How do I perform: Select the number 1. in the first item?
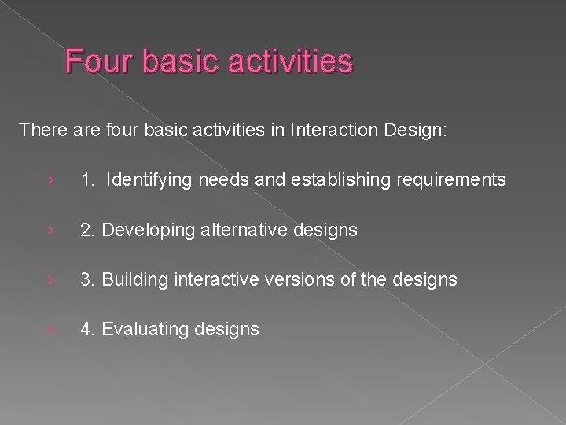click(88, 180)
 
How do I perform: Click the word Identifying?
click(149, 180)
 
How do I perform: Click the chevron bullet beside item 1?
click(50, 180)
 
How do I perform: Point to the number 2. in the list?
click(88, 230)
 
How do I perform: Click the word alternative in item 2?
click(241, 230)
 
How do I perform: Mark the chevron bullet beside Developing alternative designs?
click(50, 230)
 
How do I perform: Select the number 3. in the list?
click(88, 279)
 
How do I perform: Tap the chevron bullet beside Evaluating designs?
click(50, 329)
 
